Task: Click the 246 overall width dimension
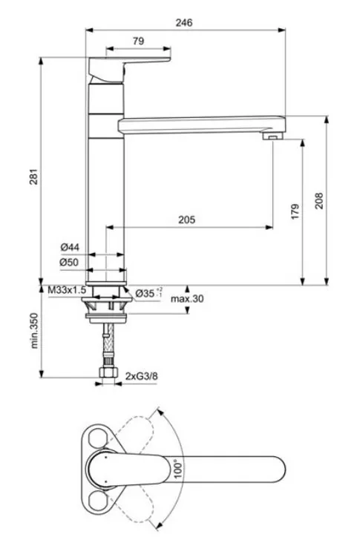[x=184, y=23]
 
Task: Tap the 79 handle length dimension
[x=138, y=41]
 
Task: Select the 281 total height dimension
[x=33, y=177]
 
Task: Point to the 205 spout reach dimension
[x=186, y=220]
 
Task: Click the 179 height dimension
[x=295, y=211]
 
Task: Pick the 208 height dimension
[x=319, y=201]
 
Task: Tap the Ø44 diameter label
[x=70, y=247]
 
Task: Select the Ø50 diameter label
[x=69, y=262]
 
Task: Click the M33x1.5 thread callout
[x=67, y=290]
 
